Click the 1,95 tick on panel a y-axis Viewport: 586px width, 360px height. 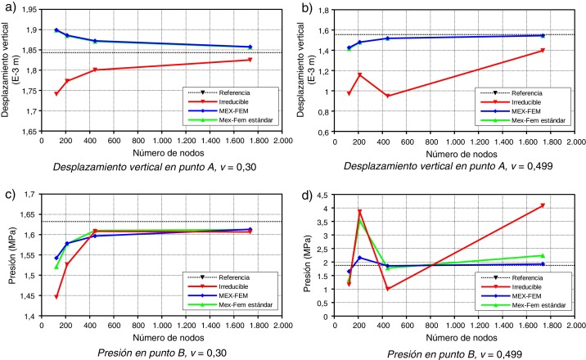click(x=29, y=10)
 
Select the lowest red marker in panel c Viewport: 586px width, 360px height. click(x=56, y=296)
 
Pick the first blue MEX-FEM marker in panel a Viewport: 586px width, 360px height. click(x=56, y=30)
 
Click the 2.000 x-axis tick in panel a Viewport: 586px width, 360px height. click(x=283, y=141)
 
